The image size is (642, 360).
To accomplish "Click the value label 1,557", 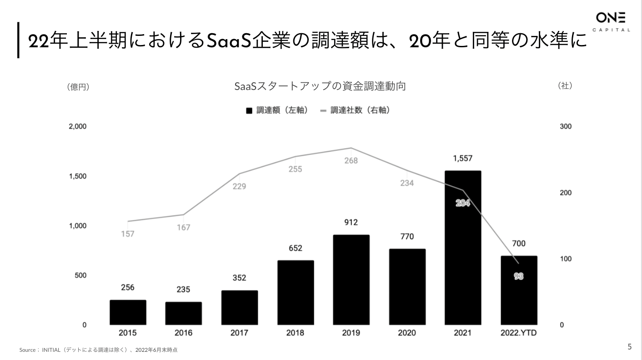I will pyautogui.click(x=463, y=159).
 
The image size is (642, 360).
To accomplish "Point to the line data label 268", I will pyautogui.click(x=351, y=161).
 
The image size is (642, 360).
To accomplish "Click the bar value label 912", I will pyautogui.click(x=351, y=222).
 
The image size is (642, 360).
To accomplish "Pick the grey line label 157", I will pyautogui.click(x=128, y=234).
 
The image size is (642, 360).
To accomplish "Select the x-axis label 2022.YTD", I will pyautogui.click(x=519, y=333).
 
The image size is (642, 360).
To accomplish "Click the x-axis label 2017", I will pyautogui.click(x=239, y=333).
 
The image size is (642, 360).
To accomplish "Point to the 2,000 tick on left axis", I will pyautogui.click(x=77, y=126).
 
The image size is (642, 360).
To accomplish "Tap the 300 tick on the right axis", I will pyautogui.click(x=566, y=126).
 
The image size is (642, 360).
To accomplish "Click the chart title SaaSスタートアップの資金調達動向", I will pyautogui.click(x=320, y=86).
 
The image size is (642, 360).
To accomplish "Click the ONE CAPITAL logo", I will pyautogui.click(x=611, y=22).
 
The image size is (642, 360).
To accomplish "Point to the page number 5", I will pyautogui.click(x=630, y=347).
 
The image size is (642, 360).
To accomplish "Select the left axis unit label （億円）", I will pyautogui.click(x=78, y=87).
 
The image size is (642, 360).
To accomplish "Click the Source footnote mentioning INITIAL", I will pyautogui.click(x=98, y=350).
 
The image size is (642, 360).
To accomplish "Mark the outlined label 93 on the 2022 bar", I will pyautogui.click(x=519, y=276).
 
